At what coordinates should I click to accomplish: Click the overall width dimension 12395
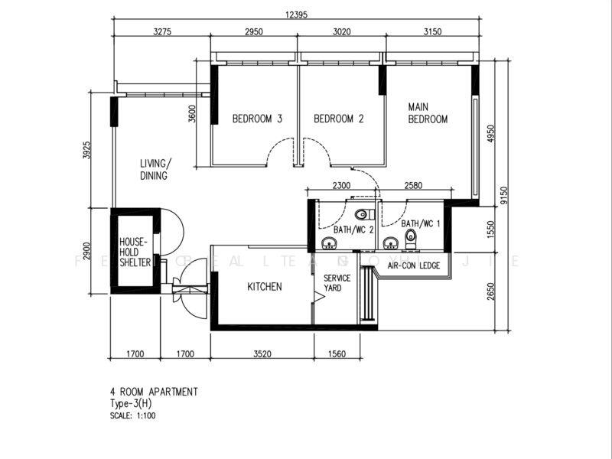pyautogui.click(x=298, y=14)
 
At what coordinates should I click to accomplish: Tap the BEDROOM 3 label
pyautogui.click(x=257, y=119)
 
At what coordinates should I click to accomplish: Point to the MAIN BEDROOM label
pyautogui.click(x=427, y=113)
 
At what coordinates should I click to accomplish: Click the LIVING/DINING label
pyautogui.click(x=155, y=169)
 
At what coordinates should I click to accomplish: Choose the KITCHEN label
pyautogui.click(x=265, y=287)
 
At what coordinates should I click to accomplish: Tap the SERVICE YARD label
pyautogui.click(x=337, y=283)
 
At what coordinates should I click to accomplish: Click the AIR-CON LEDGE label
pyautogui.click(x=413, y=265)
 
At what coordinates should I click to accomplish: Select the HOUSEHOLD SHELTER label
pyautogui.click(x=135, y=252)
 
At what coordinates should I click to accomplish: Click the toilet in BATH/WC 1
pyautogui.click(x=411, y=236)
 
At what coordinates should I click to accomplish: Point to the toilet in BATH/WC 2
pyautogui.click(x=362, y=214)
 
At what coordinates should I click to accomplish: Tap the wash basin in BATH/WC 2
pyautogui.click(x=330, y=244)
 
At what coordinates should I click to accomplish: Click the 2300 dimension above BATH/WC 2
pyautogui.click(x=342, y=185)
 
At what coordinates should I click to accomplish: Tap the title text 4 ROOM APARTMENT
pyautogui.click(x=154, y=392)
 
